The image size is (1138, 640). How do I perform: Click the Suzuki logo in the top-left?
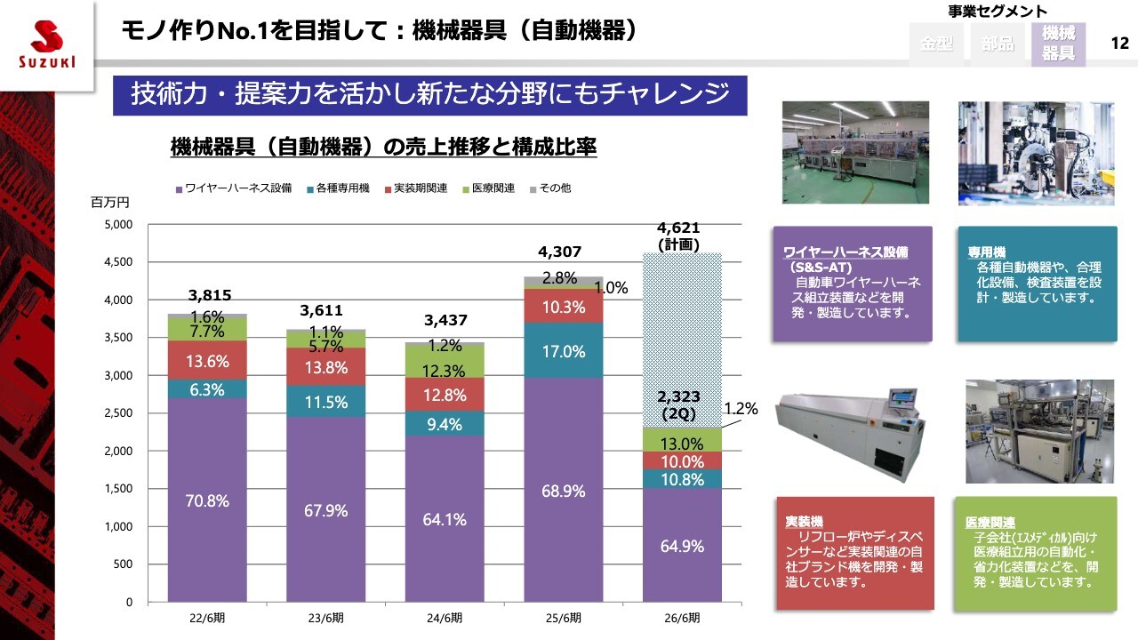pos(47,43)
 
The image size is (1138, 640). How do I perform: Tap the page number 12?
pos(1119,44)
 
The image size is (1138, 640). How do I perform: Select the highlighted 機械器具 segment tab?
pos(1058,44)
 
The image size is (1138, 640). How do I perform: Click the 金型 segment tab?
pos(937,44)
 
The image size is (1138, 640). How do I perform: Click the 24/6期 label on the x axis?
pos(445,618)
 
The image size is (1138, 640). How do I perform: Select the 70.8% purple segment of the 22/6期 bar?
pos(207,500)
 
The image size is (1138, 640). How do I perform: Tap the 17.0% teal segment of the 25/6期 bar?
pos(564,350)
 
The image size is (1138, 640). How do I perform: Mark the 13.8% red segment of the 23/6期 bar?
pos(326,366)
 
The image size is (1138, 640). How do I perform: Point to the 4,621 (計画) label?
pos(678,236)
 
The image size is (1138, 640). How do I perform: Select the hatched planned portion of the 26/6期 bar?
pos(682,329)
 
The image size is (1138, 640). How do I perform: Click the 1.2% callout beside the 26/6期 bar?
pos(741,409)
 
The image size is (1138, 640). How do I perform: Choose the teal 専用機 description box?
pos(1037,284)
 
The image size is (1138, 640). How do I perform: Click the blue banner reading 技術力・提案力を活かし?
pos(429,94)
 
